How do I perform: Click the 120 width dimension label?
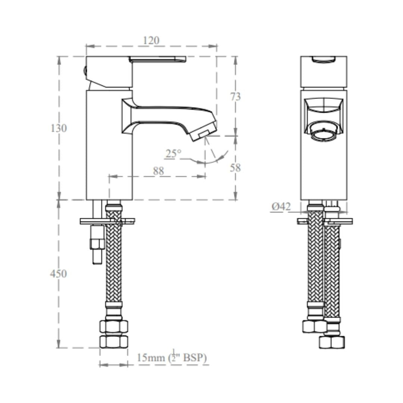pyautogui.click(x=151, y=40)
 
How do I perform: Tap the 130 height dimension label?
pyautogui.click(x=59, y=128)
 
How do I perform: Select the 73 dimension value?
pyautogui.click(x=235, y=97)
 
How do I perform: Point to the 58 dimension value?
pyautogui.click(x=235, y=168)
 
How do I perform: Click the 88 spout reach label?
pyautogui.click(x=158, y=171)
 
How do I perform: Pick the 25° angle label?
pyautogui.click(x=173, y=154)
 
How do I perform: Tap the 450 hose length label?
pyautogui.click(x=58, y=274)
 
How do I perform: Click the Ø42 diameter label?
pyautogui.click(x=281, y=206)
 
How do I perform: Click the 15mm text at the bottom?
pyautogui.click(x=151, y=357)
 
